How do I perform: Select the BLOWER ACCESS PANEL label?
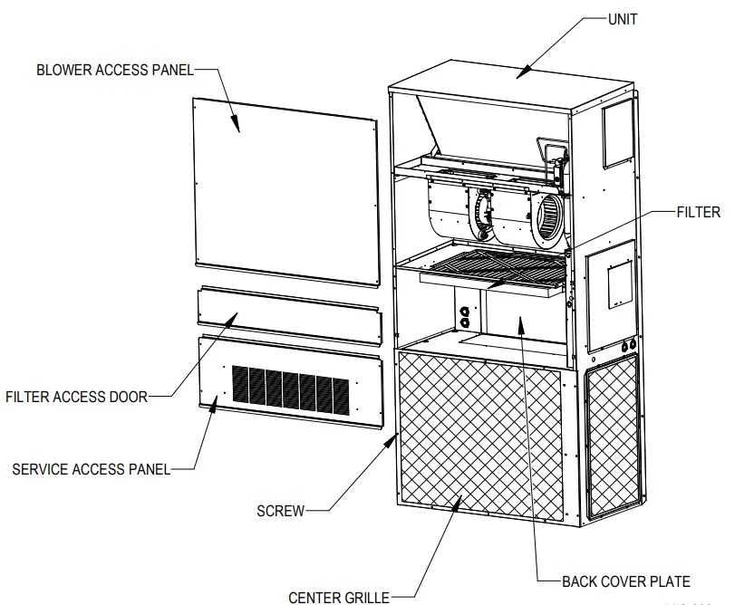click(115, 70)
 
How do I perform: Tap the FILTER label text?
click(698, 213)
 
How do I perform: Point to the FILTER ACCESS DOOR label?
click(76, 396)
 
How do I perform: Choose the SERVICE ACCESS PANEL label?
click(91, 469)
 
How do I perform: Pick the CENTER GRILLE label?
click(338, 597)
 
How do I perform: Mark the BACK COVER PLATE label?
click(626, 581)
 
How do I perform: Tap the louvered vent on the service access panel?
click(290, 391)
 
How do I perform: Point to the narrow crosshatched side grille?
click(613, 435)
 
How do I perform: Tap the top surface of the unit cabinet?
click(508, 77)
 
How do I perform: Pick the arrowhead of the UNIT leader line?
click(521, 76)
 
